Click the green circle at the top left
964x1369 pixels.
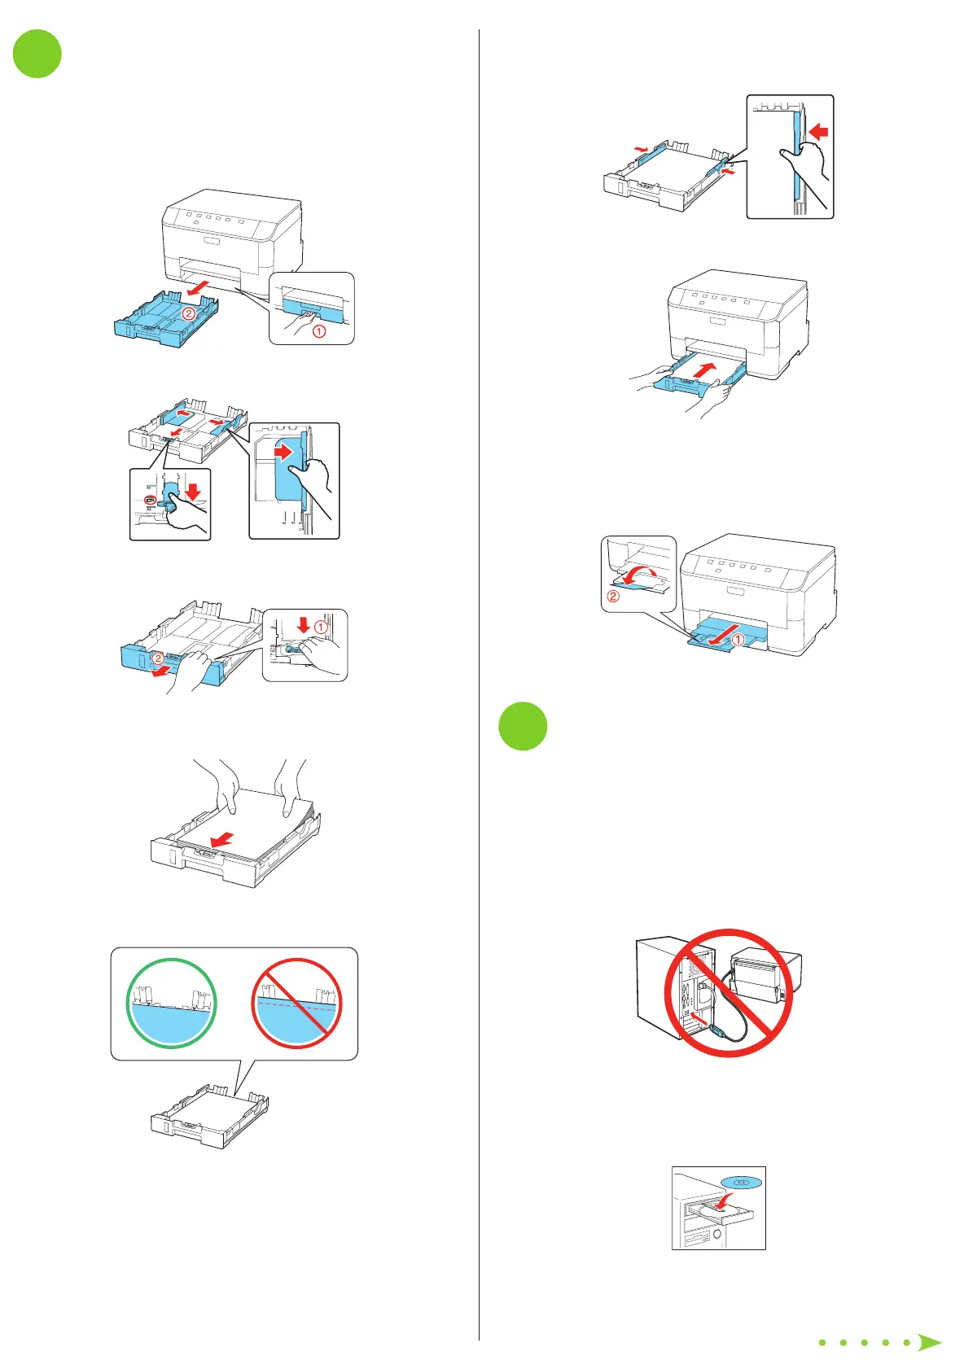point(37,54)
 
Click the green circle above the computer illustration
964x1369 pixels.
point(523,726)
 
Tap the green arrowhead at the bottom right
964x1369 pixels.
point(929,1343)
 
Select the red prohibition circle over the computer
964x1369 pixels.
point(729,993)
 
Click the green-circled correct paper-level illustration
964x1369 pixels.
point(172,1004)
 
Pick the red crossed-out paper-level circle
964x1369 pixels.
point(296,1004)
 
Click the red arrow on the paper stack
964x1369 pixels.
point(222,839)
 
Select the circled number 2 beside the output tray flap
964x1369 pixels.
point(613,597)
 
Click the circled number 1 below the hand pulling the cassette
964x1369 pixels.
point(319,331)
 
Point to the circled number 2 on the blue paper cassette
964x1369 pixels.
point(188,313)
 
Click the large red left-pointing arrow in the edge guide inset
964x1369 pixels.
point(821,129)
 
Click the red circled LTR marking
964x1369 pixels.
point(150,501)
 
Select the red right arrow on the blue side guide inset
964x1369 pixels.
point(283,450)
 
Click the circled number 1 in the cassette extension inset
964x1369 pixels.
point(321,628)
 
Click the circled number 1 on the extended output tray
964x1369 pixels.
point(738,640)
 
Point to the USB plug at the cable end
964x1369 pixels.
point(717,1030)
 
